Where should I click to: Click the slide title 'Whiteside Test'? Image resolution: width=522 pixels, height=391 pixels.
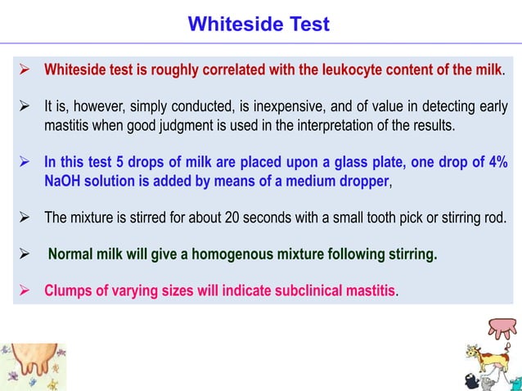(259, 25)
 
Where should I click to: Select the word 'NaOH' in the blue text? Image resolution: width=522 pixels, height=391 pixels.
(62, 179)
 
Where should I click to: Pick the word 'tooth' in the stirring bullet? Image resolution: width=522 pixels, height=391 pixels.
(392, 218)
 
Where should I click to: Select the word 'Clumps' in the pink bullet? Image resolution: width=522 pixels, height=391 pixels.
(66, 291)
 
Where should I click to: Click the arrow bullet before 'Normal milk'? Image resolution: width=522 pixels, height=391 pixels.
(25, 254)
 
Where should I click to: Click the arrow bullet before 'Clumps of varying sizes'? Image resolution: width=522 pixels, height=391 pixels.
(25, 291)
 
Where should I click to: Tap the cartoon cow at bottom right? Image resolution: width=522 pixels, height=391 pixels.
(486, 360)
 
